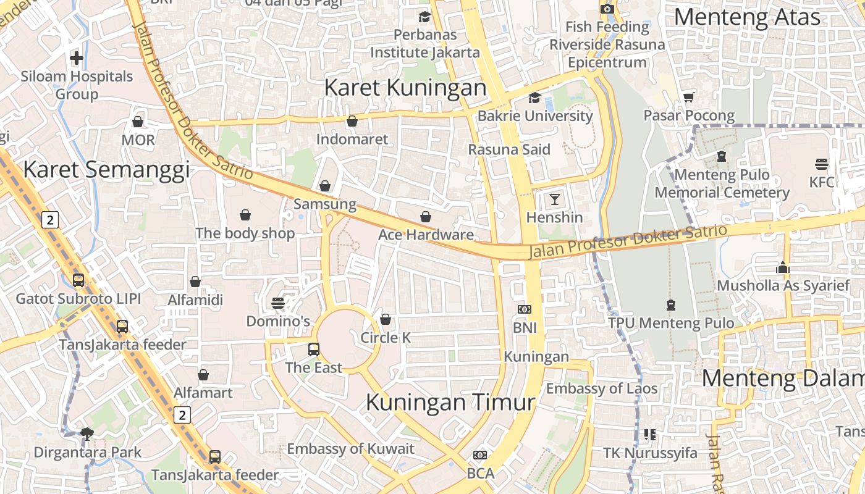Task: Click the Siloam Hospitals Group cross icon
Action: (x=77, y=58)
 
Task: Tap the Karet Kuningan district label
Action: (x=405, y=88)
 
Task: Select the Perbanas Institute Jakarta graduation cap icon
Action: (x=424, y=17)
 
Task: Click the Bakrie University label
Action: (x=535, y=115)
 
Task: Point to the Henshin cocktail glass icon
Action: (x=554, y=199)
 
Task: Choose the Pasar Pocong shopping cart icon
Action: (x=689, y=97)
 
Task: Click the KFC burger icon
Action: (x=821, y=164)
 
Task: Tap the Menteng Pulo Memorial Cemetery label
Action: (x=722, y=183)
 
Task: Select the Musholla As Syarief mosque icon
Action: (x=783, y=267)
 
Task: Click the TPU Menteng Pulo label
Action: (x=671, y=323)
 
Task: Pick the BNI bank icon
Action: (x=524, y=309)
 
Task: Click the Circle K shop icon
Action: (x=386, y=319)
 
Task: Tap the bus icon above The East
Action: (x=314, y=350)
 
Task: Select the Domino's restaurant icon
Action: (x=278, y=303)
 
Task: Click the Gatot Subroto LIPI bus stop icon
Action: (x=78, y=280)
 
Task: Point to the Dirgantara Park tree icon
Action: (x=87, y=433)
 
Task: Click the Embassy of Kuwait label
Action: (x=350, y=449)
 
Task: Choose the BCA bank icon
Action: (x=480, y=455)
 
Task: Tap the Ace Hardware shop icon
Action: (x=426, y=217)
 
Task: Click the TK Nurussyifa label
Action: (x=650, y=453)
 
